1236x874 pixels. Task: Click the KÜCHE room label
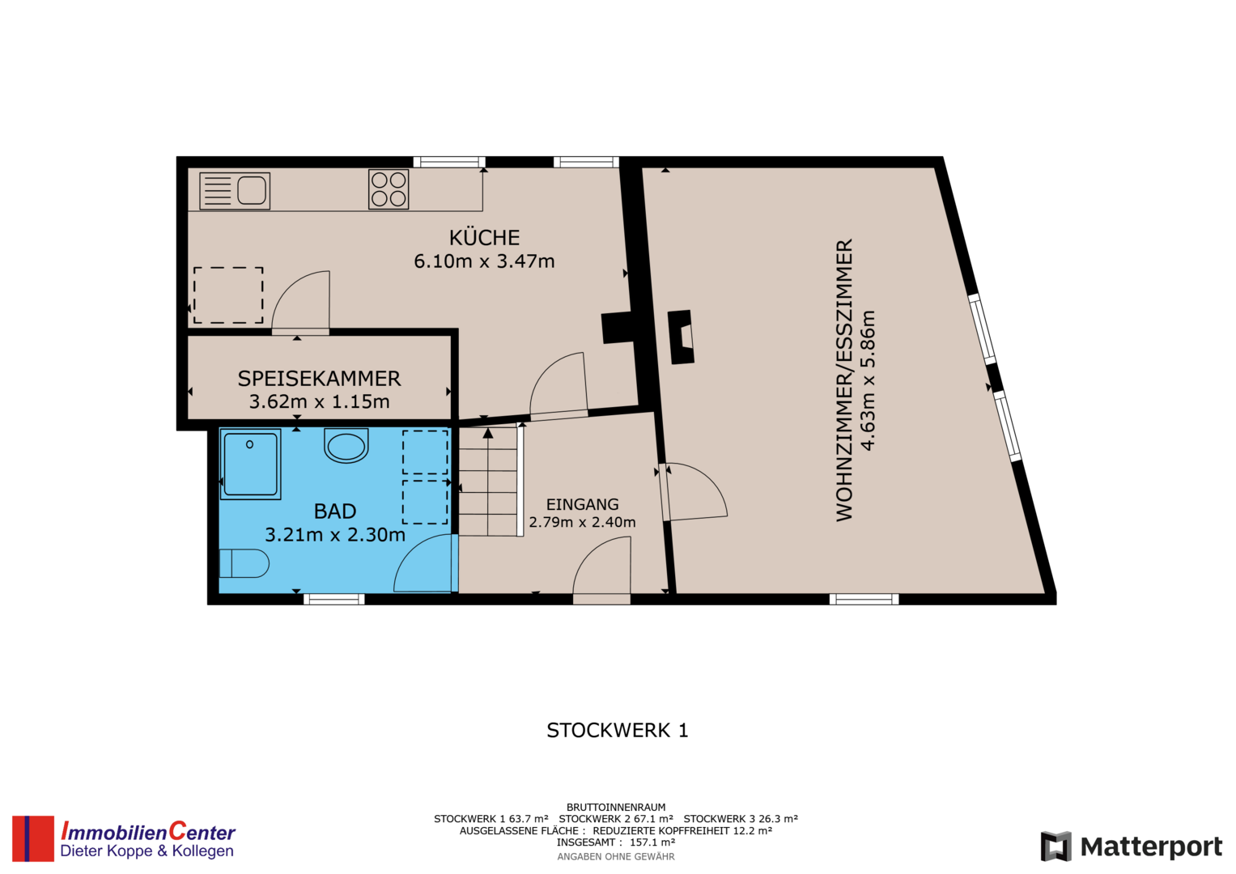484,237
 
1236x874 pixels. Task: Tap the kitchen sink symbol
235,191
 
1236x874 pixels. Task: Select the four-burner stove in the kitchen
389,189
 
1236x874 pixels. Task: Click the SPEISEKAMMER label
319,379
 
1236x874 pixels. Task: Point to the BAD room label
335,511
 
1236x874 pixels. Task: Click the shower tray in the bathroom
250,464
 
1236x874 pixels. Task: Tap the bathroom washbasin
346,445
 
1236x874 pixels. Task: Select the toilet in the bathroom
244,563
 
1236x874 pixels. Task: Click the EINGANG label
582,504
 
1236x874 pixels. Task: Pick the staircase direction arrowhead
488,433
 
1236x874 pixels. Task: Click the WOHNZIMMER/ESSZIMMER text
844,380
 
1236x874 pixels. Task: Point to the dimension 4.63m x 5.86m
868,380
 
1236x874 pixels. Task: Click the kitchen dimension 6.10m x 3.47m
484,261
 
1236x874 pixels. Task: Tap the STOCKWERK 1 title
618,731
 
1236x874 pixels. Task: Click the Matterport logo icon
1055,846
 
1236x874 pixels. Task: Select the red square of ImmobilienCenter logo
33,838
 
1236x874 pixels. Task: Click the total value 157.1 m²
652,842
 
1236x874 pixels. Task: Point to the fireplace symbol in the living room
681,337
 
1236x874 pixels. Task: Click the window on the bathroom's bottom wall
333,599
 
